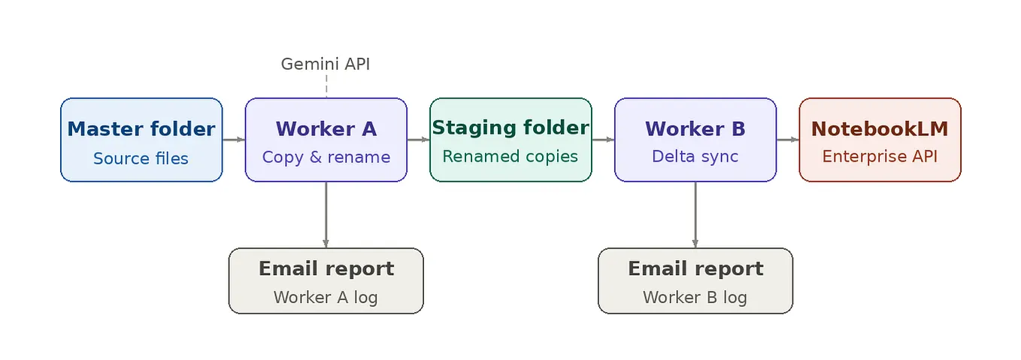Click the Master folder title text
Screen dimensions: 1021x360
[x=141, y=129]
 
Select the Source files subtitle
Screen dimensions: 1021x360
[x=141, y=159]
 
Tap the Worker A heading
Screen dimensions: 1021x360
[x=326, y=129]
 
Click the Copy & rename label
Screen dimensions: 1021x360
[x=326, y=157]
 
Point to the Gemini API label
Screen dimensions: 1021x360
[x=326, y=64]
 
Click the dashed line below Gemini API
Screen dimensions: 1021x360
[x=326, y=86]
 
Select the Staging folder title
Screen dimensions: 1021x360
[x=510, y=128]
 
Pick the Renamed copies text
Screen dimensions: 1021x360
[x=510, y=156]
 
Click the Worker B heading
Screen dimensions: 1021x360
[x=695, y=129]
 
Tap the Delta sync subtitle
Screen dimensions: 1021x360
[x=695, y=156]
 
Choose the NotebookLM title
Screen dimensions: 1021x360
[x=880, y=129]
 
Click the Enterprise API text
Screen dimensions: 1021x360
[x=880, y=156]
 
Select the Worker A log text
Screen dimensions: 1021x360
[x=326, y=298]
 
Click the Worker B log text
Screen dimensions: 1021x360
[x=695, y=298]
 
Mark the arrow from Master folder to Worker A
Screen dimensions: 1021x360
[x=234, y=140]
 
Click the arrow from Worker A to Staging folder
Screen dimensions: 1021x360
[x=419, y=140]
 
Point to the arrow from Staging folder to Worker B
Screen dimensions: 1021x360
[x=603, y=140]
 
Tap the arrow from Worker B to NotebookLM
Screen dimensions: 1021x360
[x=788, y=140]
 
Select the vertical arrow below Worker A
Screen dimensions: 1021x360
[x=326, y=215]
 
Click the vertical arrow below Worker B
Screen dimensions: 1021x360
[x=695, y=215]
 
